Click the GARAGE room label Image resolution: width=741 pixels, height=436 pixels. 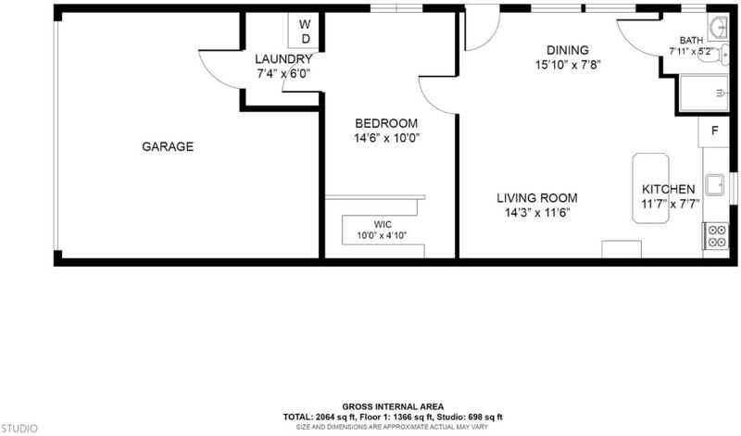click(168, 146)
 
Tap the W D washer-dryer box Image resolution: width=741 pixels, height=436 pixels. click(305, 31)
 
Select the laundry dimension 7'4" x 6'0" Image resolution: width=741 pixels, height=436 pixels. click(283, 74)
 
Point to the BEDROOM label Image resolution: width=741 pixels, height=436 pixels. click(386, 123)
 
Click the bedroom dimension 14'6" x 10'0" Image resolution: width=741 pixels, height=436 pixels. click(387, 139)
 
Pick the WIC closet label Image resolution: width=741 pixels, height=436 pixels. click(383, 224)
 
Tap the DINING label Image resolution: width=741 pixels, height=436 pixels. click(568, 50)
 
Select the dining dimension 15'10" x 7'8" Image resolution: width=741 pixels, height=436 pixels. click(568, 65)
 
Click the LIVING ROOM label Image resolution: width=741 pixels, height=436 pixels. click(537, 198)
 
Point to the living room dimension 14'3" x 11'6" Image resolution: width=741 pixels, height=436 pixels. click(537, 213)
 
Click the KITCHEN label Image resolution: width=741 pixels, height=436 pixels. click(668, 190)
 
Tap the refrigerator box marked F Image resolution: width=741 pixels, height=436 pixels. click(714, 131)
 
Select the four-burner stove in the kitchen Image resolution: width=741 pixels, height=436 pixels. click(716, 236)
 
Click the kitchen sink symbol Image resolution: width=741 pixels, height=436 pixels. click(714, 185)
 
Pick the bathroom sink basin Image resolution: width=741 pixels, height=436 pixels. click(719, 27)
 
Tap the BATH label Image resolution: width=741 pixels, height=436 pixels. click(691, 41)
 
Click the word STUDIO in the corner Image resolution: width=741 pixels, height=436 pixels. click(19, 429)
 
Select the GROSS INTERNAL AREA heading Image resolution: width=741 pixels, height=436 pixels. click(393, 406)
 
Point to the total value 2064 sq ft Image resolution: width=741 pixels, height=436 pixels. click(334, 417)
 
